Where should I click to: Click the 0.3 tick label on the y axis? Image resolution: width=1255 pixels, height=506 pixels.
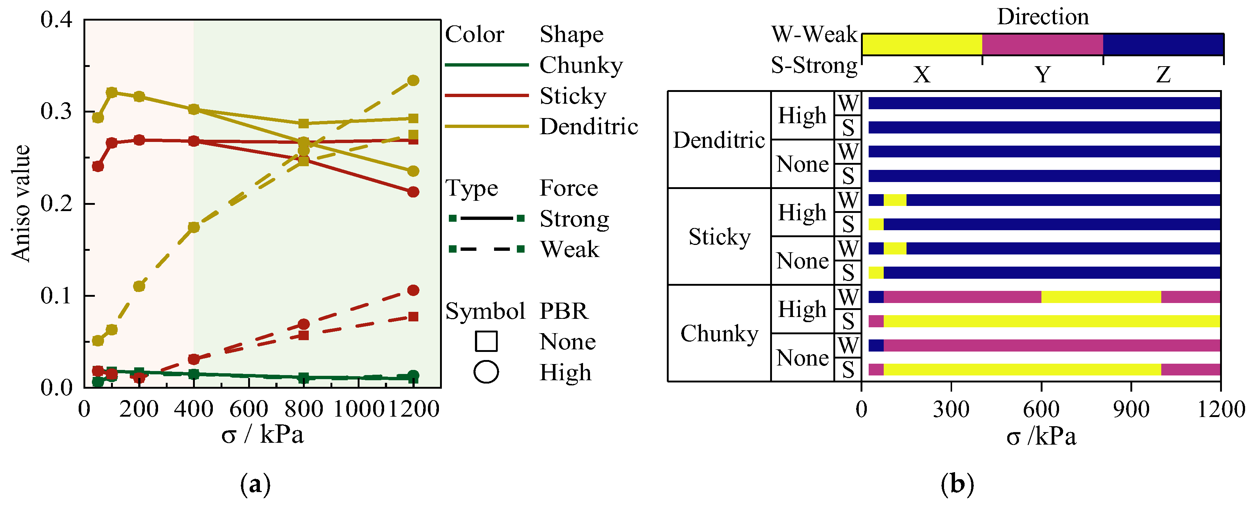[x=56, y=112]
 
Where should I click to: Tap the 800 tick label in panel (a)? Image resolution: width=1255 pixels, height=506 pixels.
[x=304, y=409]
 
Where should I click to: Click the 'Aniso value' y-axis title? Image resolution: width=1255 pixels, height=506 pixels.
[x=21, y=203]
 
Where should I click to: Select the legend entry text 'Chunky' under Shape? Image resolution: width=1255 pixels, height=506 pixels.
[x=581, y=65]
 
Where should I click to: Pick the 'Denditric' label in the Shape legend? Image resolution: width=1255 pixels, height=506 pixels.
[x=589, y=127]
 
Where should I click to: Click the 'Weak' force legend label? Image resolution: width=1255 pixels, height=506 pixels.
[x=569, y=250]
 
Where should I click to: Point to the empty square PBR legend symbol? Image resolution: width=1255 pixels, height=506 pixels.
[x=486, y=341]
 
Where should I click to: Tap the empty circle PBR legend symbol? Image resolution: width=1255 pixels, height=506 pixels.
[x=486, y=373]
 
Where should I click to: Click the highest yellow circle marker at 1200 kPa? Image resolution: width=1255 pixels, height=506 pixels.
[x=413, y=81]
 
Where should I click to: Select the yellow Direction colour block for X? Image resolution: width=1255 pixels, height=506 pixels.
[x=922, y=45]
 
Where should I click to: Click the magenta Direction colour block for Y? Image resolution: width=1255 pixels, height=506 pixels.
[x=1042, y=45]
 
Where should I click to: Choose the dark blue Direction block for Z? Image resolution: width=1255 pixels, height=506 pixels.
[x=1163, y=45]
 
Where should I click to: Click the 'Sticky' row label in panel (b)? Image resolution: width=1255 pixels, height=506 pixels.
[x=719, y=237]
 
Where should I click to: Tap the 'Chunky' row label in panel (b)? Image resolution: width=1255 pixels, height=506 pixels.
[x=719, y=334]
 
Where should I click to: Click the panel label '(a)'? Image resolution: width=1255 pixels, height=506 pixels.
[x=255, y=485]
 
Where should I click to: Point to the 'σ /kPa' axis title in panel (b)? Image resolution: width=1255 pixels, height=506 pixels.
[x=1041, y=436]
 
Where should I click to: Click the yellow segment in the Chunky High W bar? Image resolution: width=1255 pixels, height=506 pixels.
[x=1101, y=297]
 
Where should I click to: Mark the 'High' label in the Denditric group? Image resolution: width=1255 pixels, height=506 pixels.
[x=802, y=115]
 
